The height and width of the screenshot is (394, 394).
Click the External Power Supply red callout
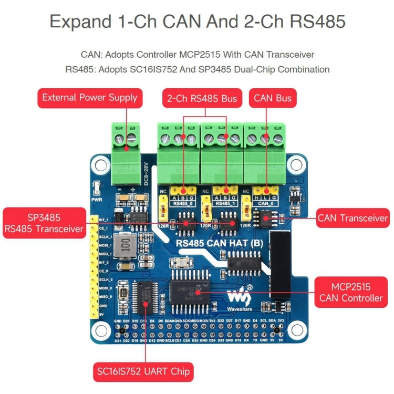coord(90,98)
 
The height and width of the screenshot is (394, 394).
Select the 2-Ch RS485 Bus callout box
coord(202,98)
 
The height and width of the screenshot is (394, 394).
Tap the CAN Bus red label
coord(272,98)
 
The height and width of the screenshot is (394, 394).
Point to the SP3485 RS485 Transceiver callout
coord(44,222)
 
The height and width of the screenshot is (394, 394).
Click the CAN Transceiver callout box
coord(352,218)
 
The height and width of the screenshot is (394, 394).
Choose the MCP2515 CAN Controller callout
coord(351,293)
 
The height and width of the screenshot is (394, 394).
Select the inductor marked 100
coord(126,245)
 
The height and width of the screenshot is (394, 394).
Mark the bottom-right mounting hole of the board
coord(284,330)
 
